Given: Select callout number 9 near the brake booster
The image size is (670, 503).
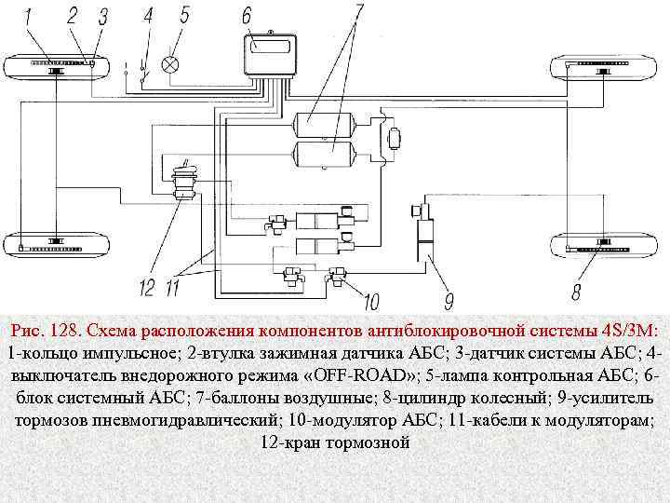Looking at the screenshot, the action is (x=449, y=300).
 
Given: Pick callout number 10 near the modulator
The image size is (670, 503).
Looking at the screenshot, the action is (x=371, y=301).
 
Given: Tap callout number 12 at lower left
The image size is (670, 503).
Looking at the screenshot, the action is (x=147, y=288).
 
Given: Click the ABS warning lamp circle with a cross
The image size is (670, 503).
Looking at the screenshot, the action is (x=170, y=64).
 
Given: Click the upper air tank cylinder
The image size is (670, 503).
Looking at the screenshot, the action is (x=321, y=123).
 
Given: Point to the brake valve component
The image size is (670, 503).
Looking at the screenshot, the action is (x=183, y=181).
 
